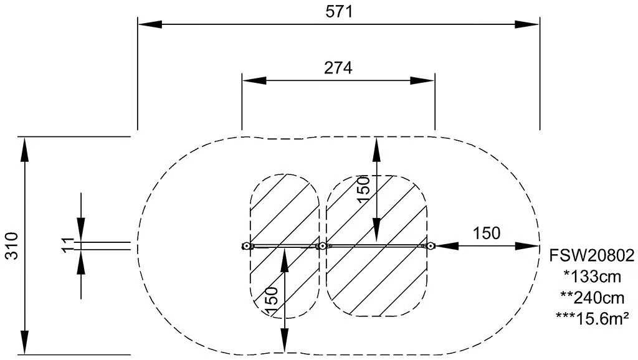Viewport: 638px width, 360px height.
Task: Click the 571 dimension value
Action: tap(339, 12)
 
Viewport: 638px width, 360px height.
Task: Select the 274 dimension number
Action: tap(338, 68)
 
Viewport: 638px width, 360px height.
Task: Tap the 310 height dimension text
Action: tap(12, 245)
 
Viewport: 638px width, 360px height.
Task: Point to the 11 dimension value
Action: tap(69, 245)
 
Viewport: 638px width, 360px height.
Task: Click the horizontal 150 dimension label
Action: tap(486, 234)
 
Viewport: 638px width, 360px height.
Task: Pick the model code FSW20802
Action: tap(592, 256)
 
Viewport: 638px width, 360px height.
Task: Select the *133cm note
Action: tap(592, 277)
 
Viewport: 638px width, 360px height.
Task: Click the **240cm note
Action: tap(592, 298)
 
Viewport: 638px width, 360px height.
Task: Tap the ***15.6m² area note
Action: tap(593, 318)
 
